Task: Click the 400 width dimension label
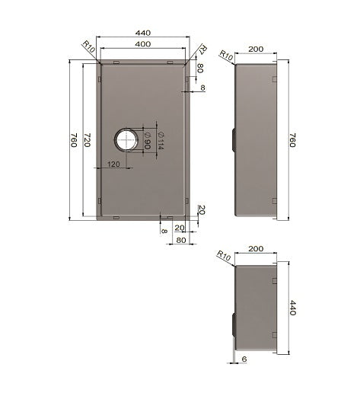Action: coord(142,45)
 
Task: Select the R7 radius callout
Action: coord(203,51)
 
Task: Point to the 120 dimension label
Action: coord(115,164)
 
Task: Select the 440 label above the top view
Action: coord(142,34)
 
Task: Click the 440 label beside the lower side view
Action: coord(291,308)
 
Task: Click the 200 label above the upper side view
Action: coord(256,49)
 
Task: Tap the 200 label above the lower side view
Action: coord(256,249)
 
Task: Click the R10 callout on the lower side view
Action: coord(224,255)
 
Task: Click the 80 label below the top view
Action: coord(181,240)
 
